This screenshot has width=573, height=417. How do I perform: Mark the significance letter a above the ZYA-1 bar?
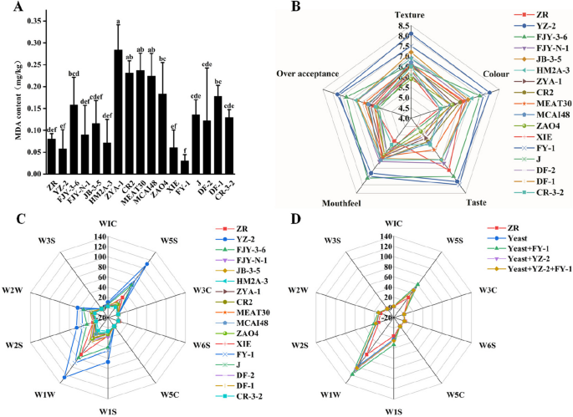click(x=118, y=20)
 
